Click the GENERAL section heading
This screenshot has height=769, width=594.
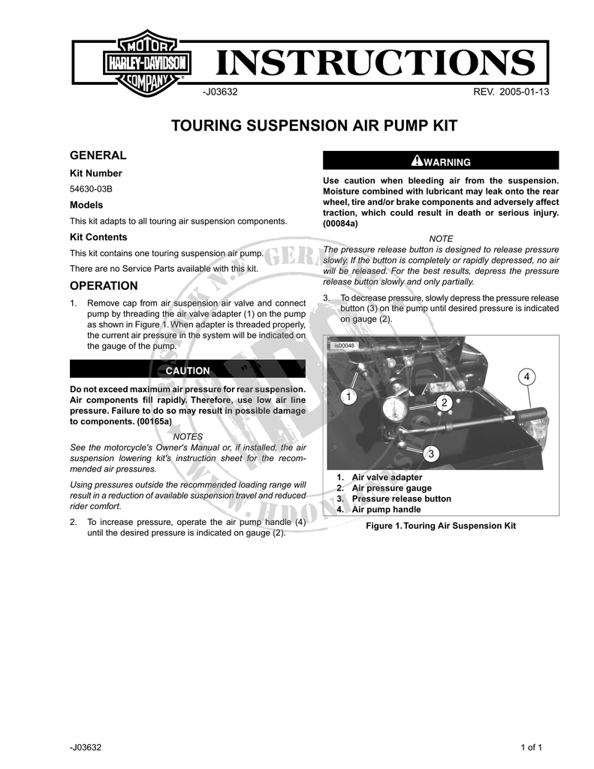98,155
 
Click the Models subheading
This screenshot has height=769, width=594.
86,205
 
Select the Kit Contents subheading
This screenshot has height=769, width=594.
98,237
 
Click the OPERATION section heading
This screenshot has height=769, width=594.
104,286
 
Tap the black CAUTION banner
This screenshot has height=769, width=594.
188,371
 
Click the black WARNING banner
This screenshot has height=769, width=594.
441,161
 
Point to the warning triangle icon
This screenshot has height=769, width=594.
417,161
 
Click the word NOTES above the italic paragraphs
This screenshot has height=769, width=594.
187,436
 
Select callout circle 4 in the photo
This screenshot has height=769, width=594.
527,375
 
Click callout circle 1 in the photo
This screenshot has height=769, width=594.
348,395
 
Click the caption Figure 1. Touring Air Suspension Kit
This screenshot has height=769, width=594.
441,526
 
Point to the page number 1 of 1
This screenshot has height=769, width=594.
530,748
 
